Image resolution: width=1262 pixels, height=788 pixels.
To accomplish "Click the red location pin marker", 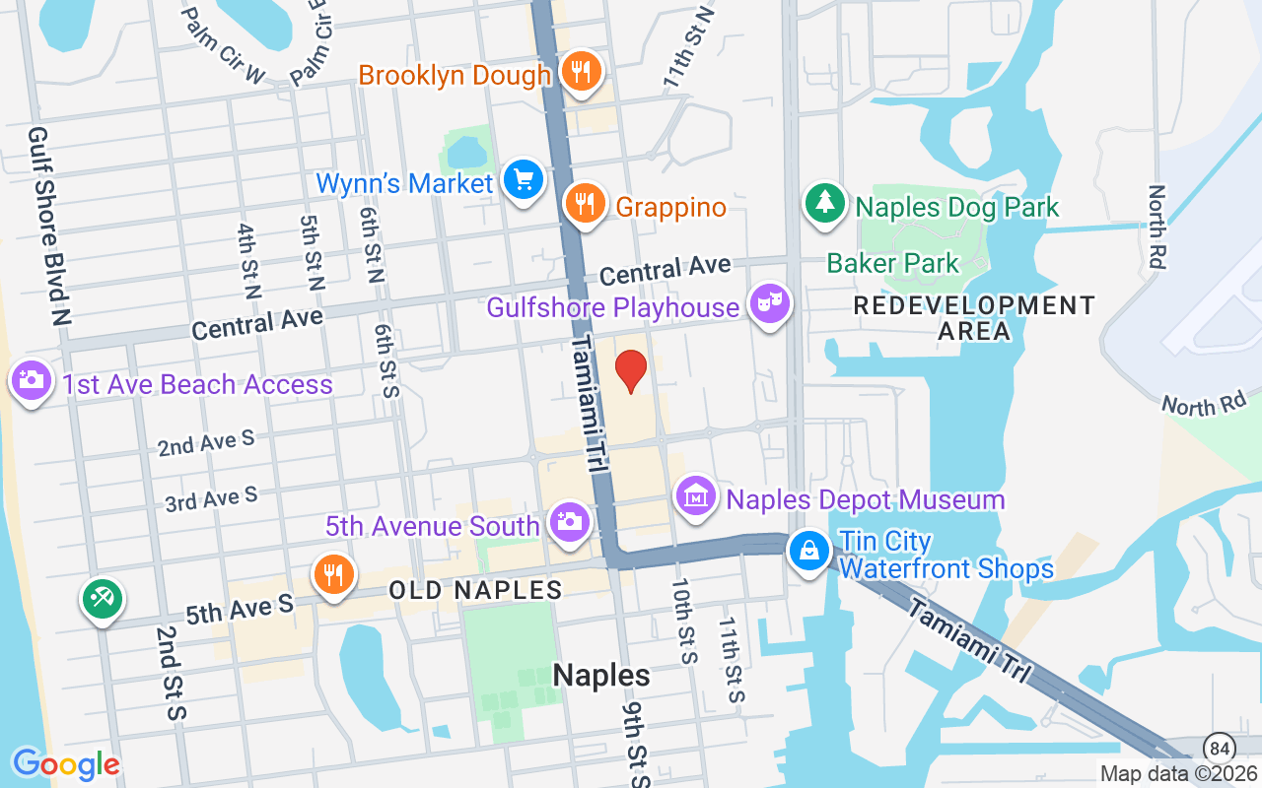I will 631,371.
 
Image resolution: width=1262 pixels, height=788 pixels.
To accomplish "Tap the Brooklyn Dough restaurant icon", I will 582,72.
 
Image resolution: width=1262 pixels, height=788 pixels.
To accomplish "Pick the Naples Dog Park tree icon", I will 824,204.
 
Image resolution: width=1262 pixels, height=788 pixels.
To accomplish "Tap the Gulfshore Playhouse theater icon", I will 768,304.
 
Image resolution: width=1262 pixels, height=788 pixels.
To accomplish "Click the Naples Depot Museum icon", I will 697,497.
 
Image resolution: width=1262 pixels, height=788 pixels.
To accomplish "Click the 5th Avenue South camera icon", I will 569,523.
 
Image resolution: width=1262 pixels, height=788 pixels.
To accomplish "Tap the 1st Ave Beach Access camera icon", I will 31,380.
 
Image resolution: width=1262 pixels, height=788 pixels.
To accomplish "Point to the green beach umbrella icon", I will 103,598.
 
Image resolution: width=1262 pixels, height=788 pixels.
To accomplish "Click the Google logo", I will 65,764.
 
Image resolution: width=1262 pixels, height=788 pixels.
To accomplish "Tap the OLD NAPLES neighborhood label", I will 475,591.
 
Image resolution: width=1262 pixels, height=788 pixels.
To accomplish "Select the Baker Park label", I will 892,263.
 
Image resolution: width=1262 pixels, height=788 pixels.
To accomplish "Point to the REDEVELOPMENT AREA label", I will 973,318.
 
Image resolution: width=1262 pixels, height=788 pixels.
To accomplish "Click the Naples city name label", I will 600,675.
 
